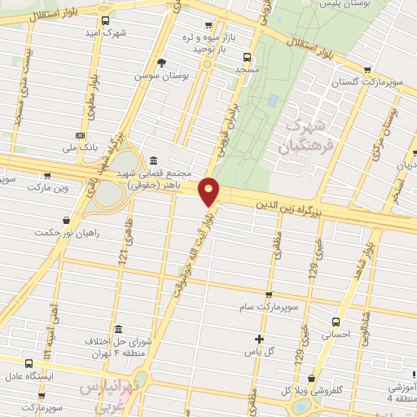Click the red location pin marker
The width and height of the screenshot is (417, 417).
tap(210, 191)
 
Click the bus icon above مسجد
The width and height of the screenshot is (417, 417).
tap(247, 57)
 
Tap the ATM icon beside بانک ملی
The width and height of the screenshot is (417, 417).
tap(79, 136)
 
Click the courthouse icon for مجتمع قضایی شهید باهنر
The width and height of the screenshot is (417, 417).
tap(153, 161)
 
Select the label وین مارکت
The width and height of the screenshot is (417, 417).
tap(45, 188)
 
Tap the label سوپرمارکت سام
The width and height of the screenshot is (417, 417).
tap(268, 308)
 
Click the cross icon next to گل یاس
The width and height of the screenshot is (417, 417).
tap(259, 338)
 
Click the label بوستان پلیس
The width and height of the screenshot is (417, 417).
tap(368, 6)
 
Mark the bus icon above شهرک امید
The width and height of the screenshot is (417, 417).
tap(105, 21)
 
